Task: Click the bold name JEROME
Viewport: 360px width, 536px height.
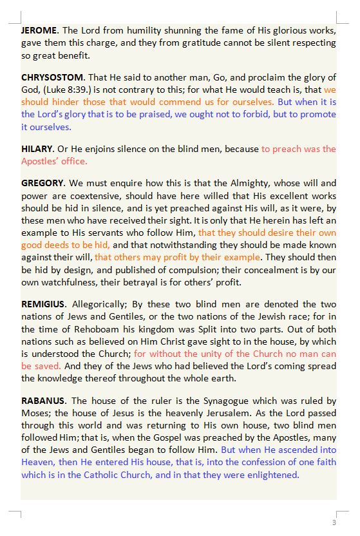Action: pyautogui.click(x=39, y=30)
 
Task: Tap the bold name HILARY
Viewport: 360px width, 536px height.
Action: pyautogui.click(x=37, y=149)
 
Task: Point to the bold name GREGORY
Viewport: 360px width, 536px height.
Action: pyautogui.click(x=43, y=184)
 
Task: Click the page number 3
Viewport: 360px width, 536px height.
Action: pyautogui.click(x=334, y=522)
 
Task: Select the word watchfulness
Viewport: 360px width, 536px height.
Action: pyautogui.click(x=71, y=282)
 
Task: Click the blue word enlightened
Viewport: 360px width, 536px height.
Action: pyautogui.click(x=272, y=475)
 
